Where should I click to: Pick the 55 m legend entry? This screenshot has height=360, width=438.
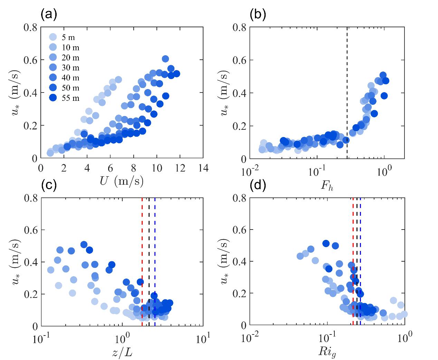64,98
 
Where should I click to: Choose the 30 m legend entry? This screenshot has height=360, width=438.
64,68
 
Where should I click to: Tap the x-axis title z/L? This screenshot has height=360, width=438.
122,352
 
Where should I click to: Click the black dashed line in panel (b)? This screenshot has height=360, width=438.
347,104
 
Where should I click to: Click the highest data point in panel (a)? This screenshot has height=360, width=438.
165,59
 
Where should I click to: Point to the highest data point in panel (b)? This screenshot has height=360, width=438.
383,75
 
